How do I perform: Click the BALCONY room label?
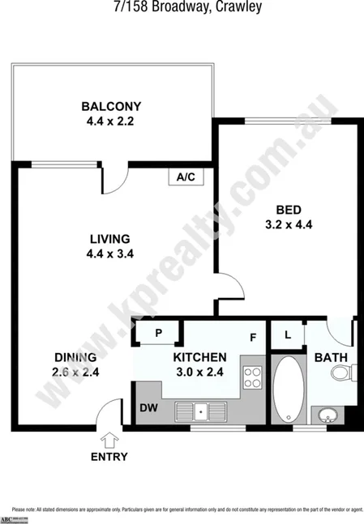(x=112, y=106)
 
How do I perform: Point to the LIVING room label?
(x=109, y=239)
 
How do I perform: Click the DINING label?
(x=75, y=357)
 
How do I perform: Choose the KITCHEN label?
(x=199, y=357)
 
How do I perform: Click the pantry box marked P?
(x=159, y=333)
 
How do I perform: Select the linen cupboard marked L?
(x=288, y=334)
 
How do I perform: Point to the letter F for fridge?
(x=253, y=337)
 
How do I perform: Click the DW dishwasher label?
(x=148, y=407)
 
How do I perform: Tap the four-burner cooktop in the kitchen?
(x=254, y=377)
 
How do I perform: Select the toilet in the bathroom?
(x=344, y=373)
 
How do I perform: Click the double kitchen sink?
(x=202, y=411)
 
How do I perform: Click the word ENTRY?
(x=109, y=457)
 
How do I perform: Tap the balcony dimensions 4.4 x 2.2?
(x=112, y=121)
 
